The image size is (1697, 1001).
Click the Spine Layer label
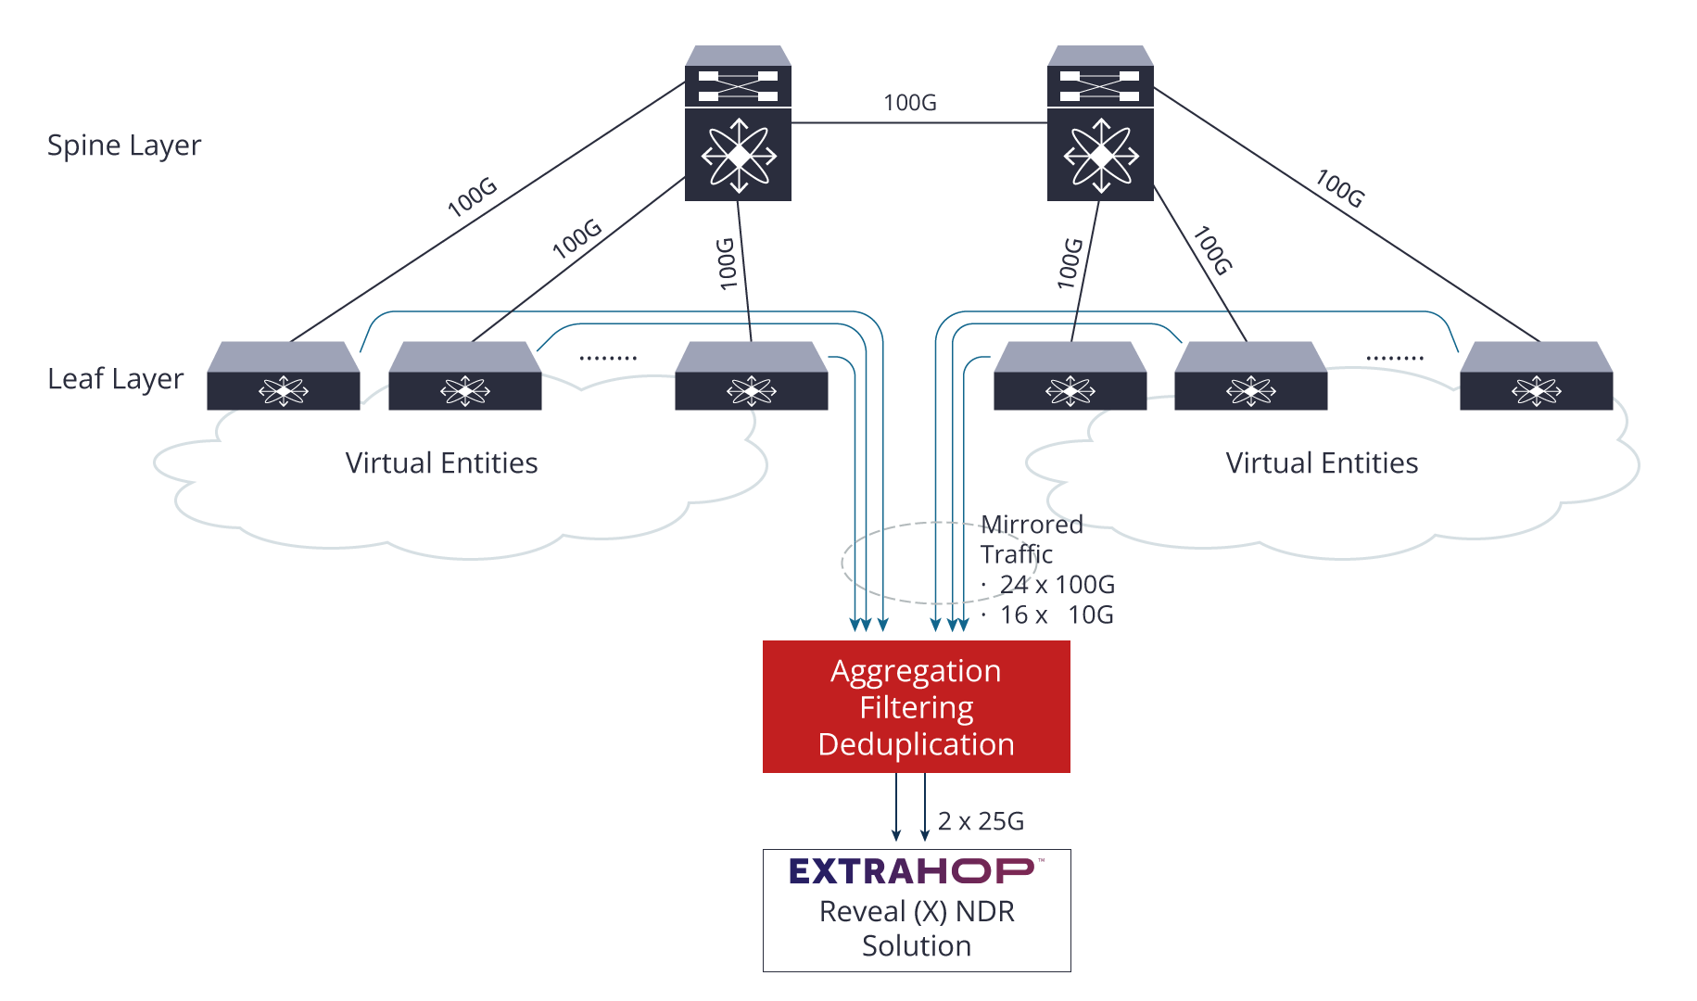124,146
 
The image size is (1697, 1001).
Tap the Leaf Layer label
116,379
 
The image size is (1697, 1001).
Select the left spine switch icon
738,123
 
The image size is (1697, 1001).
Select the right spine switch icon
1100,123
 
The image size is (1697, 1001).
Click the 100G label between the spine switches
910,102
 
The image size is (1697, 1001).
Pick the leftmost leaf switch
284,375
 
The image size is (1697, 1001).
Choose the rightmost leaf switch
1537,375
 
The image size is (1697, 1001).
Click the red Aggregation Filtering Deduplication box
917,706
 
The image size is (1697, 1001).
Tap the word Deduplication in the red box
917,744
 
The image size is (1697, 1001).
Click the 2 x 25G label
981,821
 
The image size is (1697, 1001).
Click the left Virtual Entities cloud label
441,462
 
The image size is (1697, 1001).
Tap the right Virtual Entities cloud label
1322,462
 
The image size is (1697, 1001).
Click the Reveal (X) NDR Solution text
917,929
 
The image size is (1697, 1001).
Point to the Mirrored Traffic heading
1032,539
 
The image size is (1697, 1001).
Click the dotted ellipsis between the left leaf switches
608,358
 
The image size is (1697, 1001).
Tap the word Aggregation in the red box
916,671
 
